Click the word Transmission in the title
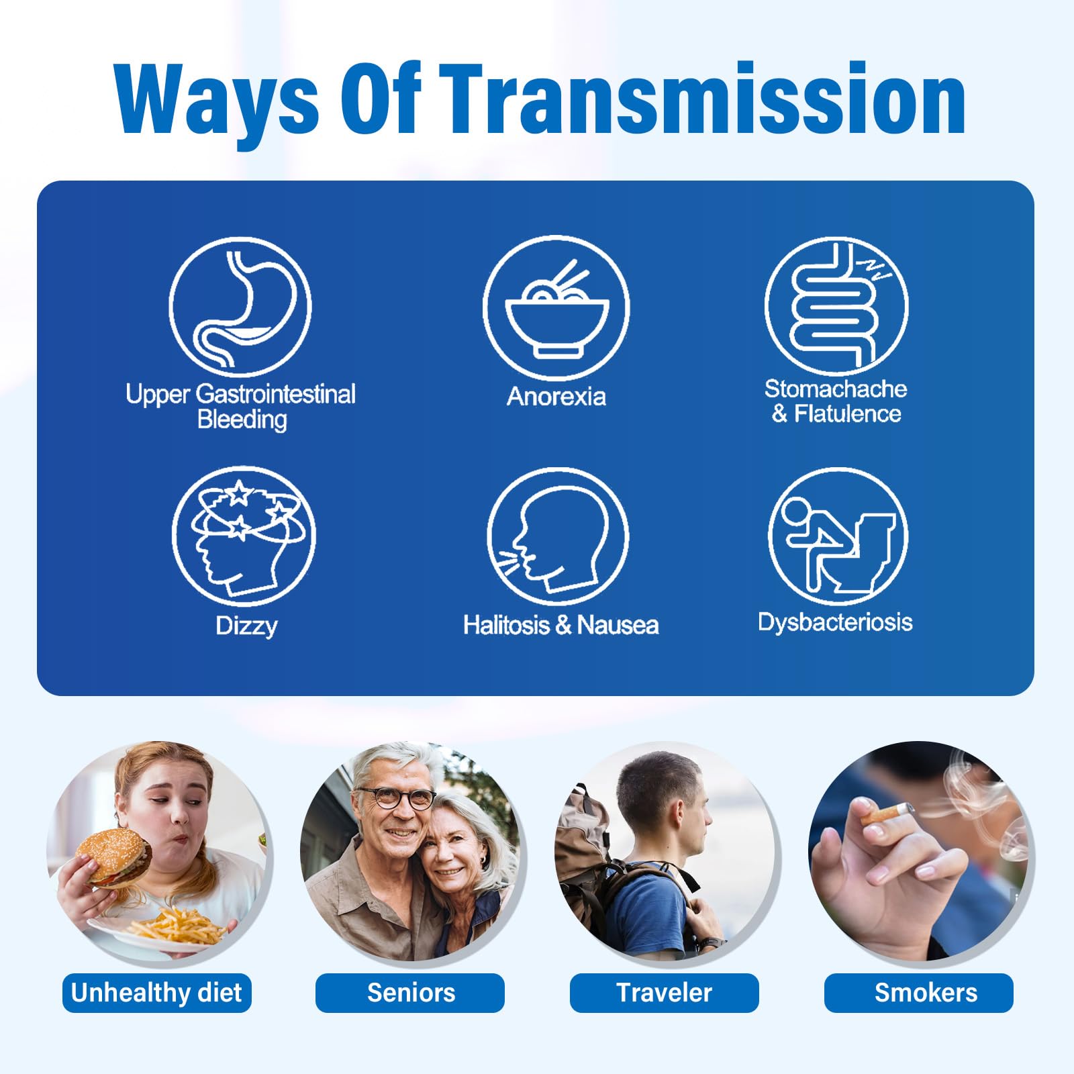705,99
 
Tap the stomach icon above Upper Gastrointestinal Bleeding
240,306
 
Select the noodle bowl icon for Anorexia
556,307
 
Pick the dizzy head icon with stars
244,535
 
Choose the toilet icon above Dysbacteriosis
838,536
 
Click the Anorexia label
556,397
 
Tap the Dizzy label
246,626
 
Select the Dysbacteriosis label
835,622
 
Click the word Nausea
618,626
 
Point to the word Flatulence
847,413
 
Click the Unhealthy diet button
156,993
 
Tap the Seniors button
410,993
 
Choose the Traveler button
665,993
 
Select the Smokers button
919,993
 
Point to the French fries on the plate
178,926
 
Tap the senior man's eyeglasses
397,798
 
